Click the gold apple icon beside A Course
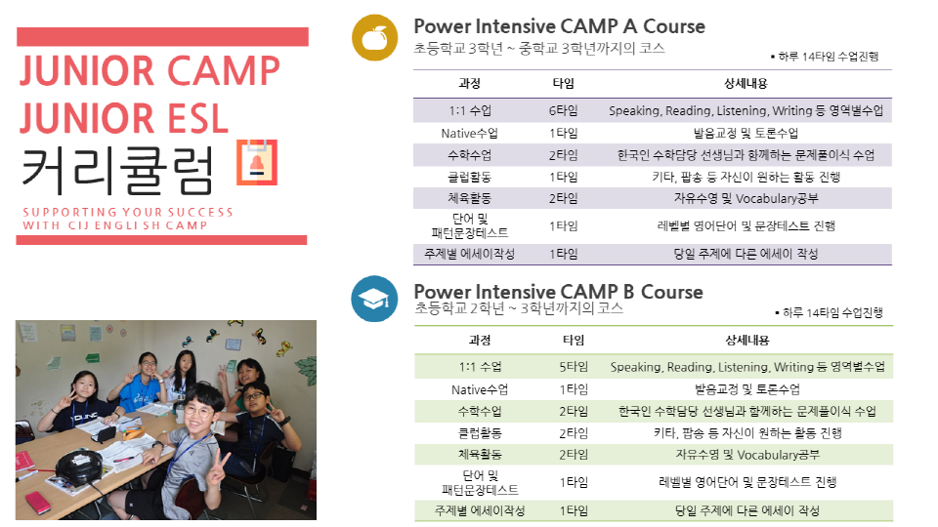click(x=374, y=38)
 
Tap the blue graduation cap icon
click(x=374, y=299)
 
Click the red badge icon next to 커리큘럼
click(x=257, y=163)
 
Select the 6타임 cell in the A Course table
click(x=564, y=110)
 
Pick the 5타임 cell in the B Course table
click(x=574, y=367)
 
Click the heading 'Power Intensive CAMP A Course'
click(x=559, y=26)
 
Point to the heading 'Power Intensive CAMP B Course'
click(x=559, y=292)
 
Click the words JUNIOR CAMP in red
click(x=150, y=71)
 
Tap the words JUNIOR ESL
click(x=124, y=118)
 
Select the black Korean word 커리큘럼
click(x=117, y=172)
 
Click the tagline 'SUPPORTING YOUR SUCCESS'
click(x=128, y=212)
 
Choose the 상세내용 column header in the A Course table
click(x=746, y=84)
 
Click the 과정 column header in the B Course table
click(x=480, y=340)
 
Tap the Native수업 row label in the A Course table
click(x=470, y=134)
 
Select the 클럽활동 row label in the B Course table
click(x=480, y=433)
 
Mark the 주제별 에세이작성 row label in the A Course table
click(x=470, y=254)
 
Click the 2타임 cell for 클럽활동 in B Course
click(x=574, y=433)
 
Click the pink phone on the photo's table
click(x=38, y=504)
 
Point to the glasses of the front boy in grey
click(x=199, y=411)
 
